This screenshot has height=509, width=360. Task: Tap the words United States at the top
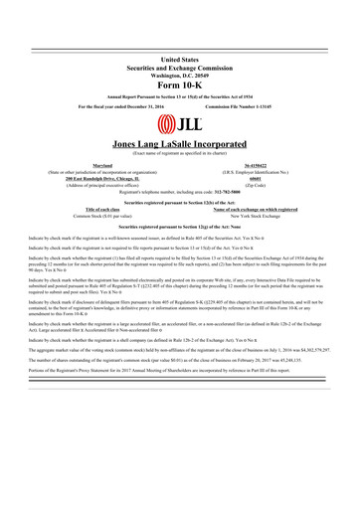coord(179,61)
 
